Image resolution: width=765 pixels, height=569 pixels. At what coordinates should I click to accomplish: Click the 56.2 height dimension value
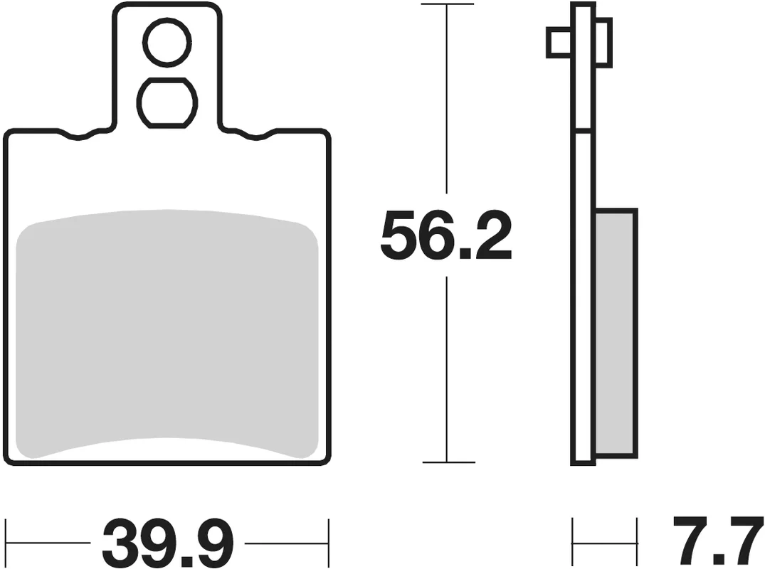tap(446, 235)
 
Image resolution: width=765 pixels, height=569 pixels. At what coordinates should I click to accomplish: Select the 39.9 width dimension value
tap(168, 542)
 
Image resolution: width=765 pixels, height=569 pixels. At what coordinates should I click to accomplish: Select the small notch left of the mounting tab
tap(78, 136)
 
